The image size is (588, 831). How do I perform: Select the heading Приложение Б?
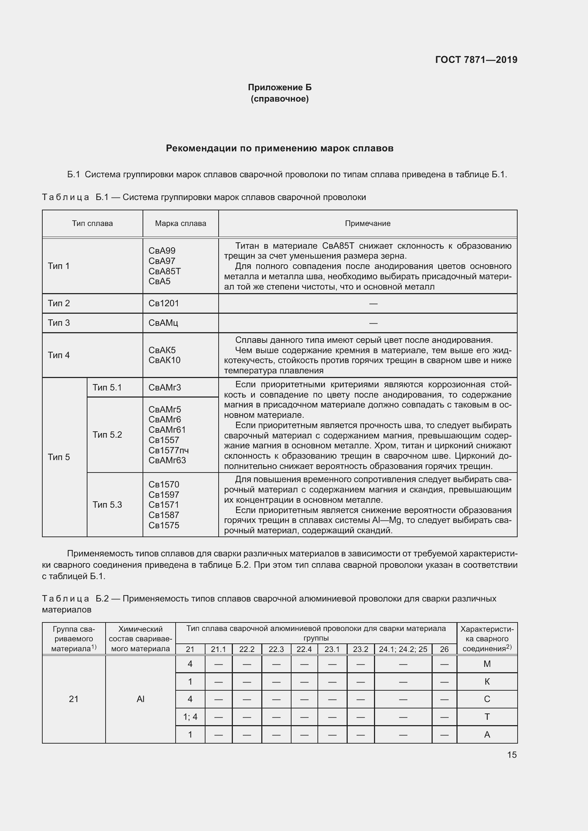[x=279, y=87]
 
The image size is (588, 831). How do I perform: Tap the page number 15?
[x=512, y=755]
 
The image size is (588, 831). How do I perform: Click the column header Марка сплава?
[x=180, y=223]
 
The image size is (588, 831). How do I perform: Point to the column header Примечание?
[x=368, y=223]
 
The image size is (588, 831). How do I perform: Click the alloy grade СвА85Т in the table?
[x=164, y=271]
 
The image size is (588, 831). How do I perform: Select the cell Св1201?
[x=164, y=303]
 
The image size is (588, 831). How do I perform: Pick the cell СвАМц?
[x=163, y=323]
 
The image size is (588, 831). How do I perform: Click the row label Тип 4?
[x=59, y=355]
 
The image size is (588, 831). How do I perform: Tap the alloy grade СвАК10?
[x=164, y=360]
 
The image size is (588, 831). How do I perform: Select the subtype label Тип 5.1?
[x=107, y=388]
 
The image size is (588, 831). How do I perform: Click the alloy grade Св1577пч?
[x=169, y=450]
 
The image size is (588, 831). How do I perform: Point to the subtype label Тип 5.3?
[x=107, y=504]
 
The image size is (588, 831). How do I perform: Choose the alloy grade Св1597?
[x=164, y=495]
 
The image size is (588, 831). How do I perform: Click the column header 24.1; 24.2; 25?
[x=403, y=649]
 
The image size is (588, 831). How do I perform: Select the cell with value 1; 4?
[x=190, y=717]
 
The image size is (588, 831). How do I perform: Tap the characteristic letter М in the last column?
[x=487, y=664]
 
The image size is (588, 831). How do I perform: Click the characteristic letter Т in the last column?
[x=487, y=717]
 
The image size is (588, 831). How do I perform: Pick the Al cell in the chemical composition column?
[x=140, y=699]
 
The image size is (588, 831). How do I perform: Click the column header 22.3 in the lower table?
[x=276, y=649]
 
